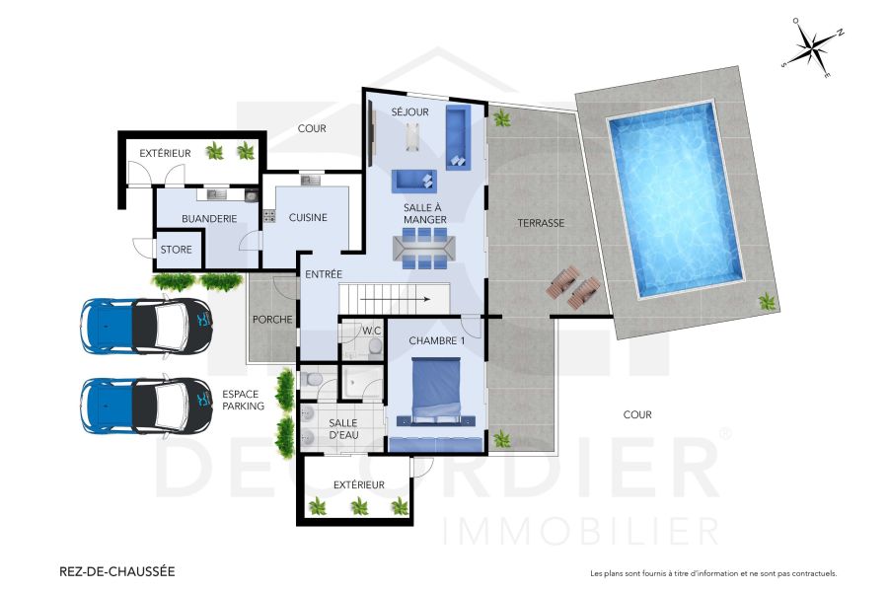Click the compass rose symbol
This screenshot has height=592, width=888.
pos(812,46)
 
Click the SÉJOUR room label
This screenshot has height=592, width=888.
pos(409,112)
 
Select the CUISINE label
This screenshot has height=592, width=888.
pos(308,218)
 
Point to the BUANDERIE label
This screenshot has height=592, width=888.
pos(209,219)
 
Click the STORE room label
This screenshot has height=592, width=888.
pos(177,251)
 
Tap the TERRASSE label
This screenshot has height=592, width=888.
pos(541,224)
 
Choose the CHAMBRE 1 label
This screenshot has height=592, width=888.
pos(436,341)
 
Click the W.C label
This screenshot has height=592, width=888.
pos(371,331)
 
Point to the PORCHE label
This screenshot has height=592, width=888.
pos(271,320)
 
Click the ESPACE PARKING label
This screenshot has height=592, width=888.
pos(243,400)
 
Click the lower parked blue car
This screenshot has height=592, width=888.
pos(148,406)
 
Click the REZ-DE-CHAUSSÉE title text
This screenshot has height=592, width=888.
pos(116,570)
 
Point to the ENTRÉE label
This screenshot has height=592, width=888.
pos(324,274)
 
